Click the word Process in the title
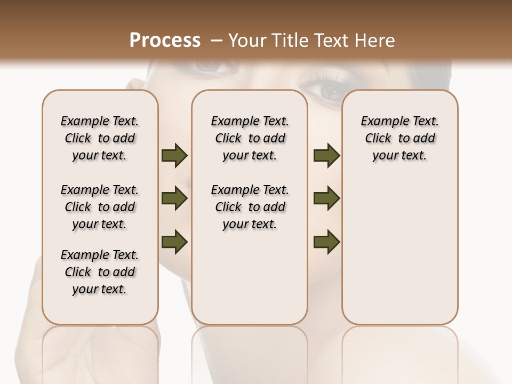coord(165,41)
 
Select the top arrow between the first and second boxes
coord(174,155)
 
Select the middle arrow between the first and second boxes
coord(174,199)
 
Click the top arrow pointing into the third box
coord(326,155)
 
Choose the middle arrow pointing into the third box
coord(326,198)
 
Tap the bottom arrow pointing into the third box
coord(326,242)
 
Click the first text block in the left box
coord(100,138)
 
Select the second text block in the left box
coord(100,207)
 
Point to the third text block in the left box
coord(100,272)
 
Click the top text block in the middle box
coord(250,138)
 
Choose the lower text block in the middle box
coord(250,207)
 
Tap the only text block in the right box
coord(399,138)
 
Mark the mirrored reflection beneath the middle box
coord(250,352)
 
